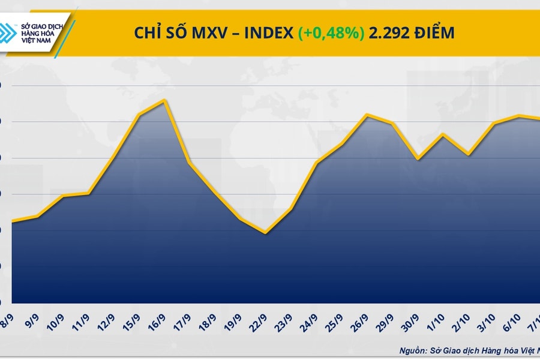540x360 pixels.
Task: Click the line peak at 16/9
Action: click(x=164, y=100)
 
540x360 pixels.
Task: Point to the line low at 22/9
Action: click(x=265, y=233)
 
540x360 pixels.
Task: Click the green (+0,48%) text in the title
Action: click(x=331, y=34)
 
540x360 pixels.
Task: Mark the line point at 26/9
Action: click(x=367, y=115)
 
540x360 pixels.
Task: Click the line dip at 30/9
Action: click(x=418, y=159)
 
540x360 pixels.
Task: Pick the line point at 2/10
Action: click(x=468, y=155)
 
